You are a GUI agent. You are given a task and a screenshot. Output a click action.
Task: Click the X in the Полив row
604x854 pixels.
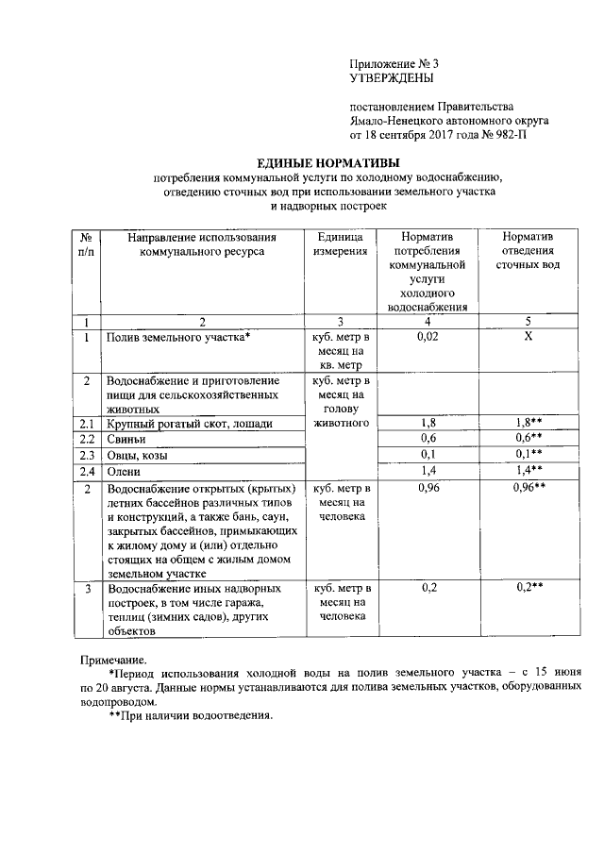point(528,336)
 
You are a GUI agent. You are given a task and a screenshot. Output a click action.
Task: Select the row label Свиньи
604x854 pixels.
point(125,439)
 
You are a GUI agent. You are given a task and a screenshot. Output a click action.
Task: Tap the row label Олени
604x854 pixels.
point(124,471)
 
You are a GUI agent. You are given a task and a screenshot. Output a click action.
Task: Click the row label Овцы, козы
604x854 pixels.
point(137,455)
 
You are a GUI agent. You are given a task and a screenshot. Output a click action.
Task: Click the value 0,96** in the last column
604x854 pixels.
point(529,488)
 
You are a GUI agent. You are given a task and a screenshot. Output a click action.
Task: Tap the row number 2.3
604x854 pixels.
point(87,455)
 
